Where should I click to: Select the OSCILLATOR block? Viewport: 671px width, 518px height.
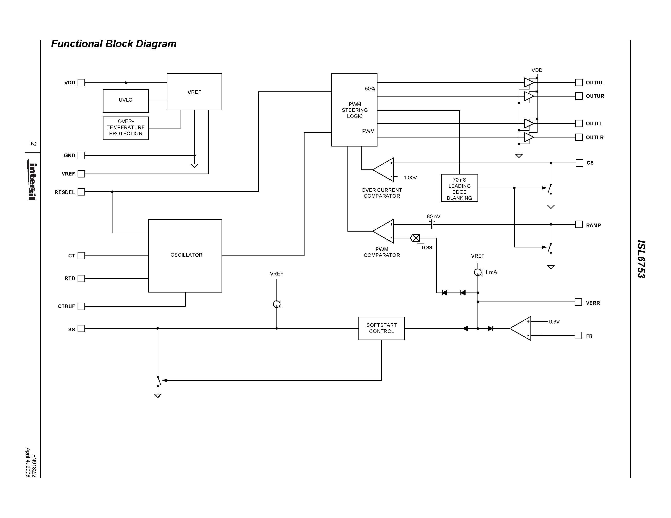tap(185, 256)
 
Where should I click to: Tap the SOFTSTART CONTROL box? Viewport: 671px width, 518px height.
tap(381, 328)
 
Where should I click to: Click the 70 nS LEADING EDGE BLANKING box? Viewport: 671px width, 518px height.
tap(459, 188)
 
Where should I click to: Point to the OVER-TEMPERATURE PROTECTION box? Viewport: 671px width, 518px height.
tap(126, 128)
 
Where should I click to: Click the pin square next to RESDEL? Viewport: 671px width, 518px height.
tap(81, 192)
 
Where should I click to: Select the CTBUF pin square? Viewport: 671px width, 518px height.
tap(81, 306)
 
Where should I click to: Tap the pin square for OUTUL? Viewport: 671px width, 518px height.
tap(579, 83)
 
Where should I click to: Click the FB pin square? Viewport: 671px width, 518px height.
tap(578, 335)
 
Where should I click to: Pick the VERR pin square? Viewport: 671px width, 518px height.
tap(578, 302)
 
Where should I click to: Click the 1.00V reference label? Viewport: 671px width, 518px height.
tap(410, 178)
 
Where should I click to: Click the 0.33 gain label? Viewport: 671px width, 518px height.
tap(427, 248)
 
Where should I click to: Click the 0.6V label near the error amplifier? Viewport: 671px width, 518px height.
tap(554, 322)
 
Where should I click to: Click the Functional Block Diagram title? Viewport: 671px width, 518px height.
tap(114, 44)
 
